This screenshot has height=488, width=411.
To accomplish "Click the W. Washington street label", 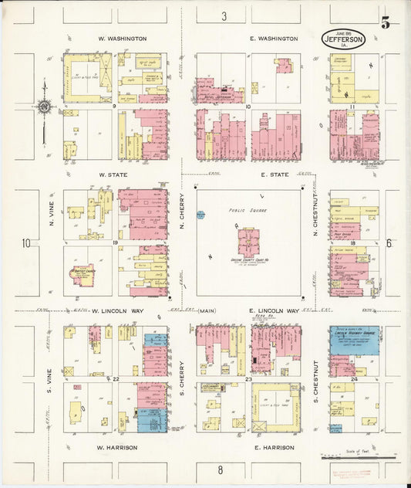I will coord(123,38).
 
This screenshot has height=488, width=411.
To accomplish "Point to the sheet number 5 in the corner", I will coord(385,23).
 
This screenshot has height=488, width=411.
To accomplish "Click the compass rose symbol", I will coord(45,107).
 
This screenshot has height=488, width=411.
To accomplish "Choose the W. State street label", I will coord(113,175).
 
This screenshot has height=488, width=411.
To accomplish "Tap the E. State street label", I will coord(274,175).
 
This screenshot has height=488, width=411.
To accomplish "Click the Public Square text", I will coord(246,209).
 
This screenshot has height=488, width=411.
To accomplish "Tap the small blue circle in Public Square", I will coord(200,215).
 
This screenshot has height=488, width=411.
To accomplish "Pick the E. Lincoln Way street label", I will coord(274,310).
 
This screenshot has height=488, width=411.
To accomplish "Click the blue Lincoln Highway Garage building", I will coord(354,340).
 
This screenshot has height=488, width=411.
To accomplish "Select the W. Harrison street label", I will coord(116,447).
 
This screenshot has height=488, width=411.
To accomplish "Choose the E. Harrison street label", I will coord(274,447).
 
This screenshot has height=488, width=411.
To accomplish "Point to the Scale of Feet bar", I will coord(359,458).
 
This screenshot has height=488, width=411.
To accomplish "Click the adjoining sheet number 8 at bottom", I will coord(220,469).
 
